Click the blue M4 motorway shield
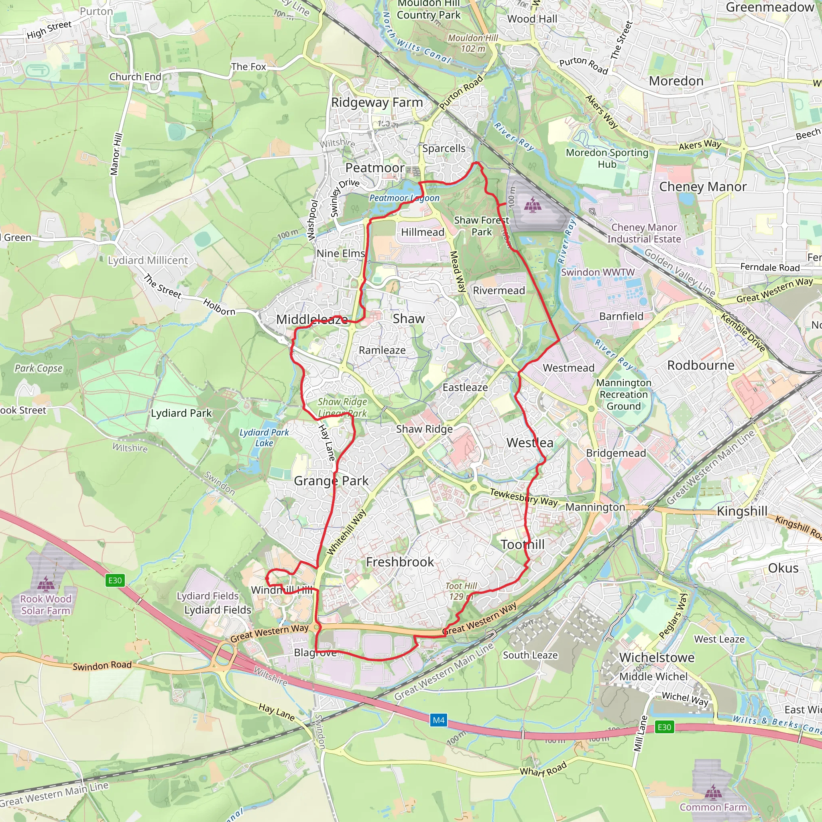pos(439,720)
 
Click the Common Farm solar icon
pos(713,792)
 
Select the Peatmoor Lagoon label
pos(404,198)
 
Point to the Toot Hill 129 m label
pos(461,591)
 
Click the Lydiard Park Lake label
pos(264,437)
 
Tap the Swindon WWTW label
pos(597,272)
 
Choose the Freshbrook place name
pos(400,562)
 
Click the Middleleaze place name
pos(312,319)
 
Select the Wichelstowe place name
pos(657,657)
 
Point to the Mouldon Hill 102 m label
pos(473,43)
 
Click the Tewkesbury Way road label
pos(523,497)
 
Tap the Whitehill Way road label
pos(346,532)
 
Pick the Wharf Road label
pos(543,768)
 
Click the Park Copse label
pos(38,368)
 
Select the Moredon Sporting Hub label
pos(607,158)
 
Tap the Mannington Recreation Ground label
pos(623,395)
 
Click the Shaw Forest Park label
pos(481,226)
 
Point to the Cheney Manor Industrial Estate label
pos(644,233)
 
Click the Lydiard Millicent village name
pos(148,260)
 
